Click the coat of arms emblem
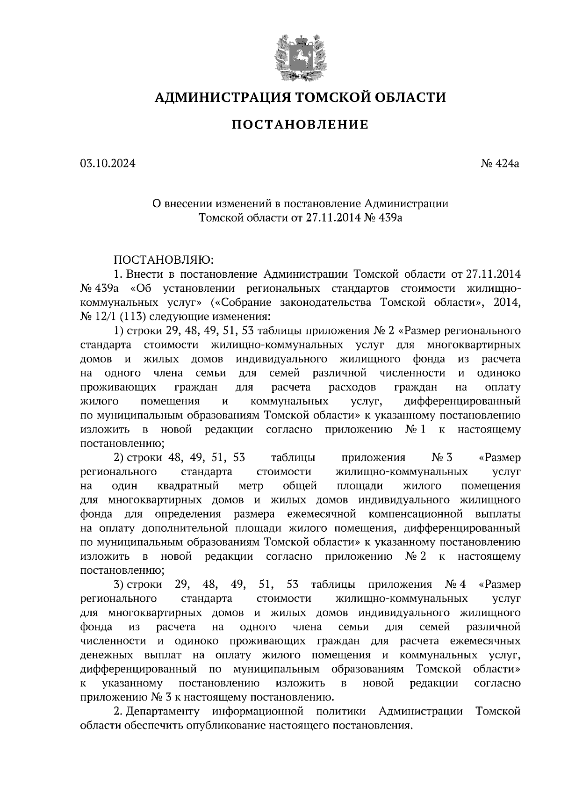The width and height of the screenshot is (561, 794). [x=300, y=57]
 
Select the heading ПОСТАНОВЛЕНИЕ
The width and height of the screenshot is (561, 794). [x=300, y=125]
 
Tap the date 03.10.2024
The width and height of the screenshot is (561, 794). [x=108, y=164]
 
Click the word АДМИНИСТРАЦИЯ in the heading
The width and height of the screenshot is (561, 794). [x=216, y=97]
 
